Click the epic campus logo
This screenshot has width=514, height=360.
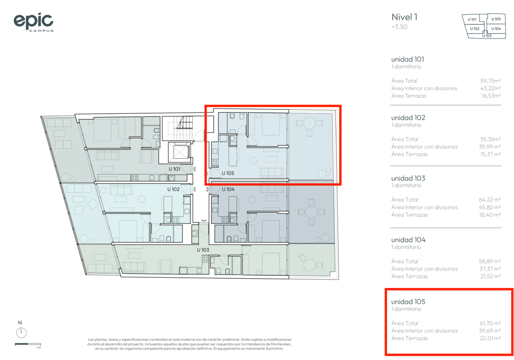(x=33, y=22)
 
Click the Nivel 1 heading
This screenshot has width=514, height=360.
(x=404, y=17)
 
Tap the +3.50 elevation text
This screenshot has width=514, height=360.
(x=399, y=27)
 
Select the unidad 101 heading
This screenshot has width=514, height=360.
(x=407, y=59)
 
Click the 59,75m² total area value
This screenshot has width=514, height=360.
(x=490, y=80)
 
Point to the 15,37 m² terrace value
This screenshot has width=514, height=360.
(x=490, y=154)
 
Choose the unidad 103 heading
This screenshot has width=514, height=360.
(x=408, y=178)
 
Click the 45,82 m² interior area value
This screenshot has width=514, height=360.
(x=490, y=207)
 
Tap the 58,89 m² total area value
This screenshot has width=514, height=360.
(x=490, y=261)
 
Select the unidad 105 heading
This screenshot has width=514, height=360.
(x=408, y=302)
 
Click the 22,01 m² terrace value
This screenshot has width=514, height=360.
(x=490, y=338)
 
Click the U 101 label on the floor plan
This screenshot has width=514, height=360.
(x=174, y=169)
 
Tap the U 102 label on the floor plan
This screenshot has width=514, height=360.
(x=173, y=189)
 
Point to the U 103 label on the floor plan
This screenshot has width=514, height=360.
(x=203, y=250)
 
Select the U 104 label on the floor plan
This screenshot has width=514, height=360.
(x=228, y=189)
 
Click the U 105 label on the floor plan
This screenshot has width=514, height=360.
(x=228, y=173)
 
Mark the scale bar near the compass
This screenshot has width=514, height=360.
(x=28, y=344)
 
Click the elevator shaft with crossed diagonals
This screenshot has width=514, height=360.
(x=179, y=152)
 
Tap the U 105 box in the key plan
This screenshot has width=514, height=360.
(x=495, y=19)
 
